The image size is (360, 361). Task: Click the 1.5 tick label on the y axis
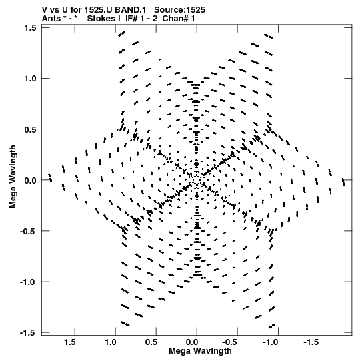pyautogui.click(x=31, y=28)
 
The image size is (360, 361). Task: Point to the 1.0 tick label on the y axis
pyautogui.click(x=31, y=79)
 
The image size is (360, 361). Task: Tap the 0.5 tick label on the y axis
pyautogui.click(x=31, y=129)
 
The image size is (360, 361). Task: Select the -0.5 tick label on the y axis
pyautogui.click(x=28, y=231)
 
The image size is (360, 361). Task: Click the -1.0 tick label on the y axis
pyautogui.click(x=28, y=282)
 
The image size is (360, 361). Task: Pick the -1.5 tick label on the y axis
pyautogui.click(x=28, y=333)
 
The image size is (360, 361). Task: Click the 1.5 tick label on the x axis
pyautogui.click(x=70, y=342)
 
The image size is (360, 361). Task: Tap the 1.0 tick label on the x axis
pyautogui.click(x=111, y=342)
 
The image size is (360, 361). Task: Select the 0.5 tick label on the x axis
pyautogui.click(x=151, y=342)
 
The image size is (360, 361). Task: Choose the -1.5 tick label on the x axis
pyautogui.click(x=312, y=342)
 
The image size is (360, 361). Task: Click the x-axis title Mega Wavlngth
pyautogui.click(x=200, y=351)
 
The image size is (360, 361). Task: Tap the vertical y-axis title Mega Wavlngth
pyautogui.click(x=13, y=177)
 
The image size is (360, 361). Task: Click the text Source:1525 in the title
pyautogui.click(x=179, y=10)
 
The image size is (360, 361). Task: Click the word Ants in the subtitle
pyautogui.click(x=51, y=19)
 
